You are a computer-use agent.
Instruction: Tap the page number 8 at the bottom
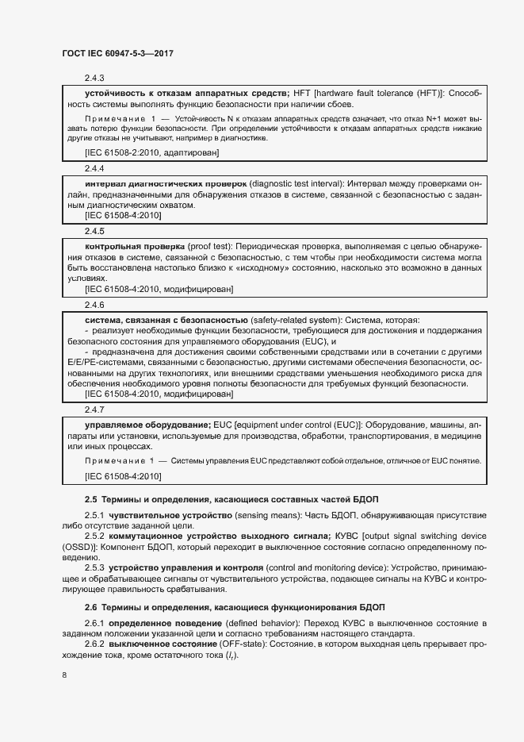pos(63,675)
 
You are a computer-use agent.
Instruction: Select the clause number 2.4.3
pos(95,78)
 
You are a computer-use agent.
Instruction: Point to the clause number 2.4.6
pos(95,305)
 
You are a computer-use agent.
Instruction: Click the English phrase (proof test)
pos(210,246)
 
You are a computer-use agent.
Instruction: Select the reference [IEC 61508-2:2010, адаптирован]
pos(151,152)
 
